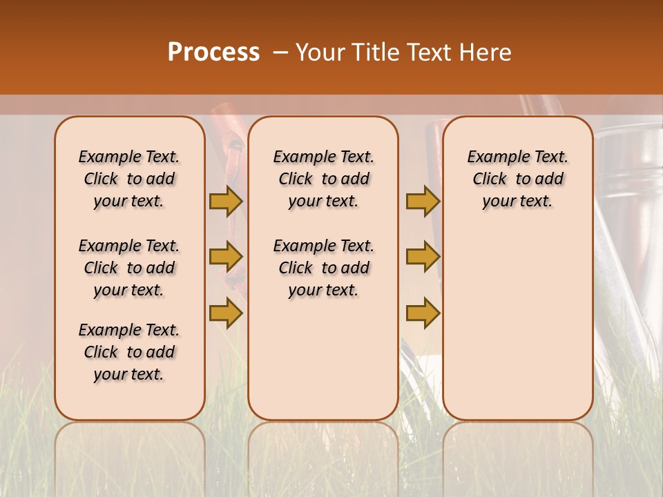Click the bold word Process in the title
click(x=213, y=52)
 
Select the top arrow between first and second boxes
click(x=226, y=202)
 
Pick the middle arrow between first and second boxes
click(x=226, y=257)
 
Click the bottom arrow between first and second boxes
click(x=226, y=313)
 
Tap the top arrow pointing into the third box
click(x=423, y=202)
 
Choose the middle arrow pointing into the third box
click(x=423, y=257)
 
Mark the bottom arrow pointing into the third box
click(x=423, y=313)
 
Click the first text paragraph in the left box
click(x=129, y=179)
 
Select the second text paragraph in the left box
click(x=129, y=268)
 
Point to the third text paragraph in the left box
click(x=129, y=352)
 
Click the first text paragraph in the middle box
click(x=323, y=179)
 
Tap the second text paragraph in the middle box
click(x=323, y=268)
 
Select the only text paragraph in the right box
click(x=517, y=179)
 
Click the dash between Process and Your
click(x=280, y=52)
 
